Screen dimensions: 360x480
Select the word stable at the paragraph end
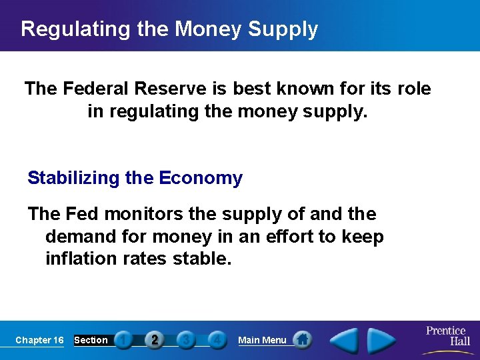point(201,258)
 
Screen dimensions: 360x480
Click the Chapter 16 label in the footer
point(39,340)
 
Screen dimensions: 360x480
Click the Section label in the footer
point(91,340)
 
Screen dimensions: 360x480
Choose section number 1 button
point(123,340)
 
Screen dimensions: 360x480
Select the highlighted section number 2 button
point(155,340)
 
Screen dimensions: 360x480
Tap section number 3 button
point(186,340)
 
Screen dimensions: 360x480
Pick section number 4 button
point(217,340)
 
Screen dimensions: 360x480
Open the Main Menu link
point(262,340)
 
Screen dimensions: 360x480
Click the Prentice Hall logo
point(446,336)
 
